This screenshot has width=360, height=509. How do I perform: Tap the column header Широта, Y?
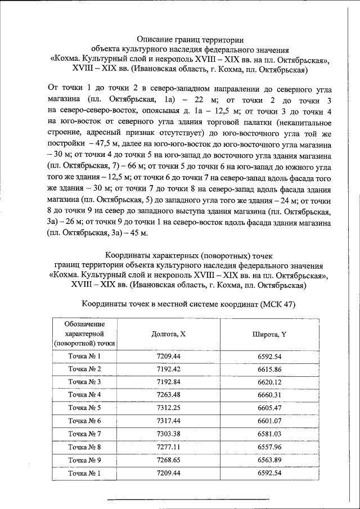tap(269, 334)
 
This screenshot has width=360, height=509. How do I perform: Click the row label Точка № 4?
tap(84, 394)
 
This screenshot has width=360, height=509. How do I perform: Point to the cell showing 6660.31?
tap(269, 394)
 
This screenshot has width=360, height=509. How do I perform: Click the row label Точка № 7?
tap(84, 433)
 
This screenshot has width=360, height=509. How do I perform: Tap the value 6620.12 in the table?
tap(269, 381)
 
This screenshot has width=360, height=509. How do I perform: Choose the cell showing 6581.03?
tap(269, 433)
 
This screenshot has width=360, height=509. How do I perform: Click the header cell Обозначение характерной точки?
tap(84, 334)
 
